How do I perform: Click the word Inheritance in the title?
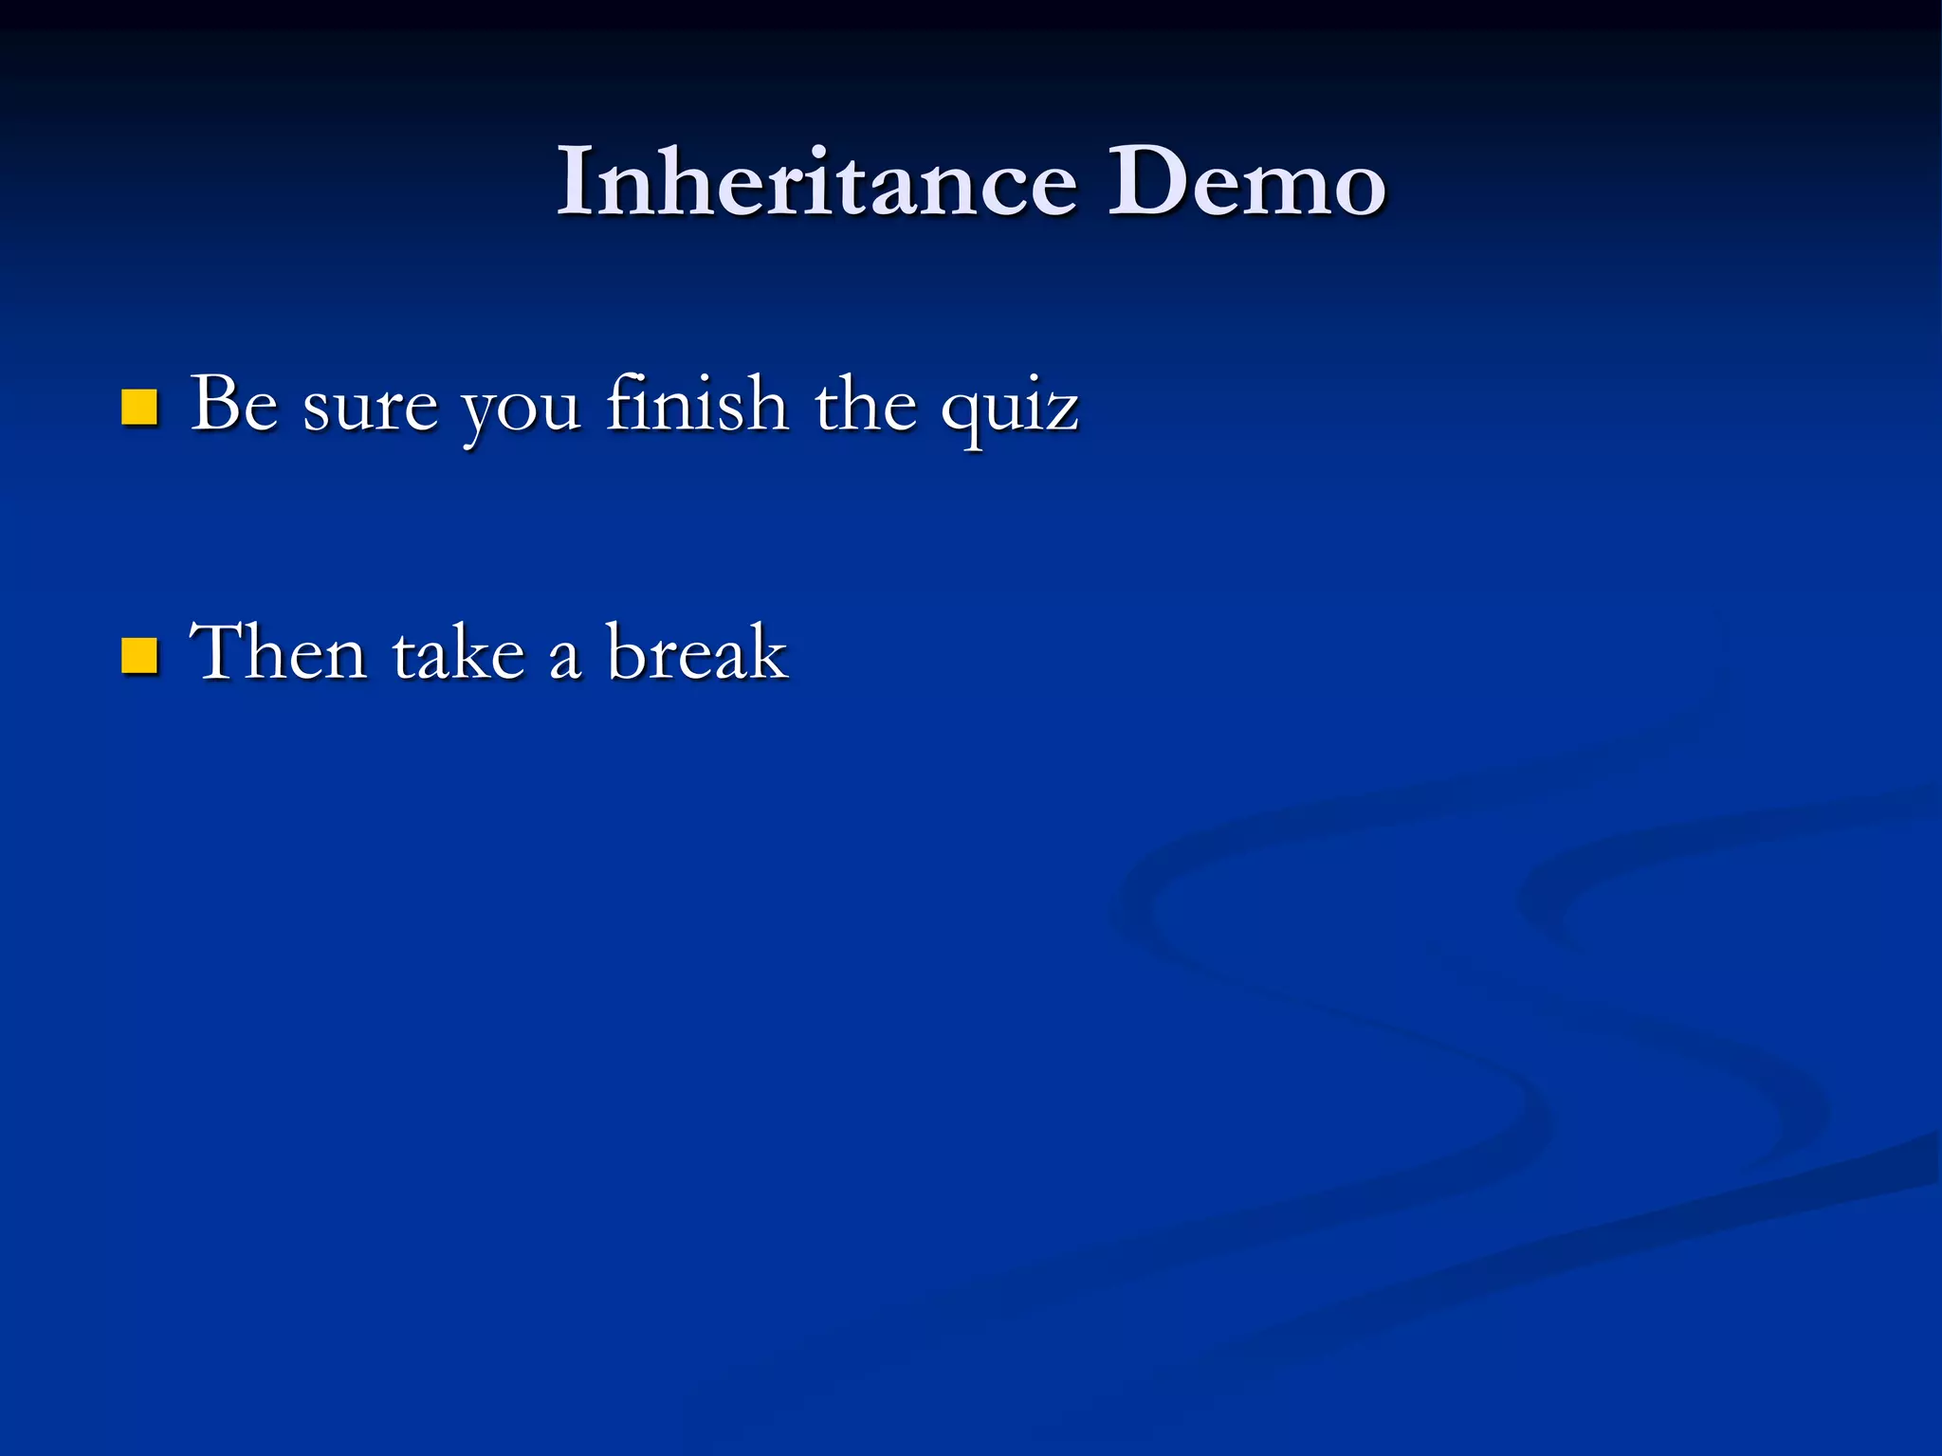pyautogui.click(x=815, y=182)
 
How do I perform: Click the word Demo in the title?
pyautogui.click(x=1246, y=182)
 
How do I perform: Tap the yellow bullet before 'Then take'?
pyautogui.click(x=139, y=655)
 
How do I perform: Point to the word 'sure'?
pyautogui.click(x=370, y=409)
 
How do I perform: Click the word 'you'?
pyautogui.click(x=521, y=413)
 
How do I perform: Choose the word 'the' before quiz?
pyautogui.click(x=865, y=405)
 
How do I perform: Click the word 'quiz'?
pyautogui.click(x=1009, y=411)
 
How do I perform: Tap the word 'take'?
pyautogui.click(x=458, y=654)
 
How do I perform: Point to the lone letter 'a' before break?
pyautogui.click(x=565, y=661)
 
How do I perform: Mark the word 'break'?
pyautogui.click(x=697, y=652)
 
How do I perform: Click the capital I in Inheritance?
pyautogui.click(x=575, y=182)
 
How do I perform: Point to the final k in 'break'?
pyautogui.click(x=766, y=652)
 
